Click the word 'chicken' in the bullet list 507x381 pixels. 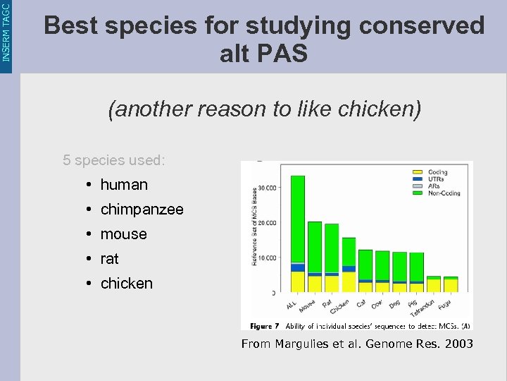tap(126, 284)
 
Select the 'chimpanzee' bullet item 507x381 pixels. tap(142, 210)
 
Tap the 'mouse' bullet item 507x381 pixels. tap(123, 234)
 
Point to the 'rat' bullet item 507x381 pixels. tap(109, 259)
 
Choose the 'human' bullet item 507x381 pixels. tap(124, 185)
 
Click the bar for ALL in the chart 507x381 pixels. tap(297, 234)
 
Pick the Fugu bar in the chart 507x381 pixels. tap(451, 284)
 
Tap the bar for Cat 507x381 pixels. tap(365, 271)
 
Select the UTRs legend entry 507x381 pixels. tap(434, 179)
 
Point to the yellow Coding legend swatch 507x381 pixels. tap(417, 172)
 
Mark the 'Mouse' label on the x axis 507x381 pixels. tap(307, 308)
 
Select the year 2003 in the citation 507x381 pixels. tap(458, 344)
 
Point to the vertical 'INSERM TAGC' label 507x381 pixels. tap(6, 32)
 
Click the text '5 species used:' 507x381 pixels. tap(114, 160)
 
